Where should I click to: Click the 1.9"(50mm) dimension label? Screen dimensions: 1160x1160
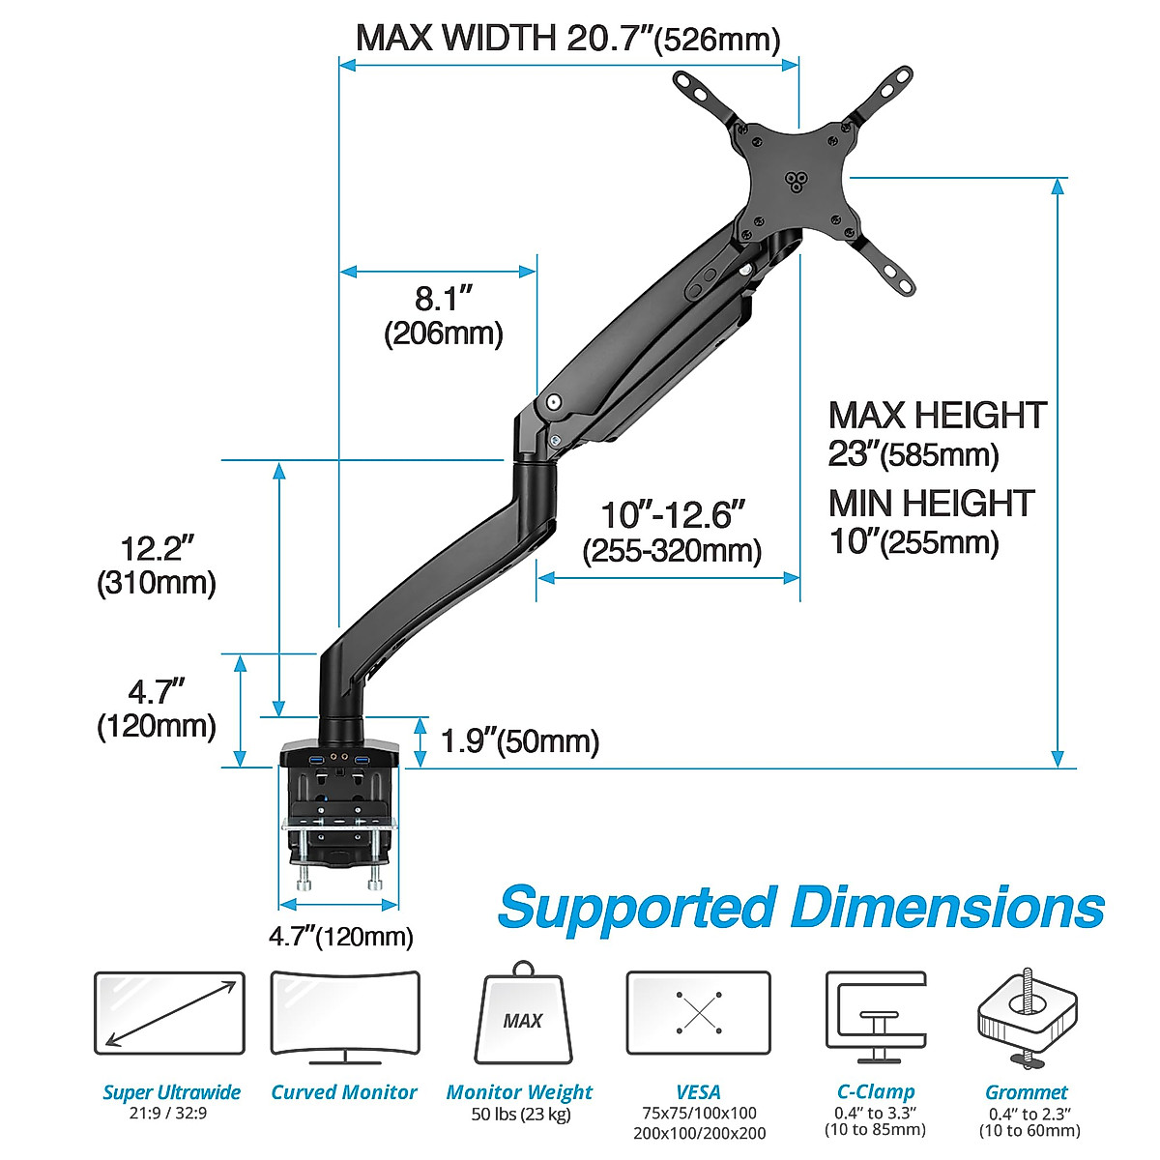tap(519, 741)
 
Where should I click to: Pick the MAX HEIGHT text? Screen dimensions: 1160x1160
tap(937, 416)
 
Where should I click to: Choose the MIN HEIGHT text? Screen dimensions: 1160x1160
tap(931, 504)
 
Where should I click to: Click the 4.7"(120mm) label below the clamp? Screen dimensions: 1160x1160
tap(340, 936)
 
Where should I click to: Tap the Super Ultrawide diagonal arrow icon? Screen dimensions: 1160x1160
tap(170, 1014)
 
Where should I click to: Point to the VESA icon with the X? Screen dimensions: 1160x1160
tap(698, 1013)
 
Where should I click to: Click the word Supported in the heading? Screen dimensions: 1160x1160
tap(637, 908)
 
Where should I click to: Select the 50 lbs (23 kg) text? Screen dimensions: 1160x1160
tap(520, 1115)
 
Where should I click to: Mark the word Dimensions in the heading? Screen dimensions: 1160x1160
tap(947, 908)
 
